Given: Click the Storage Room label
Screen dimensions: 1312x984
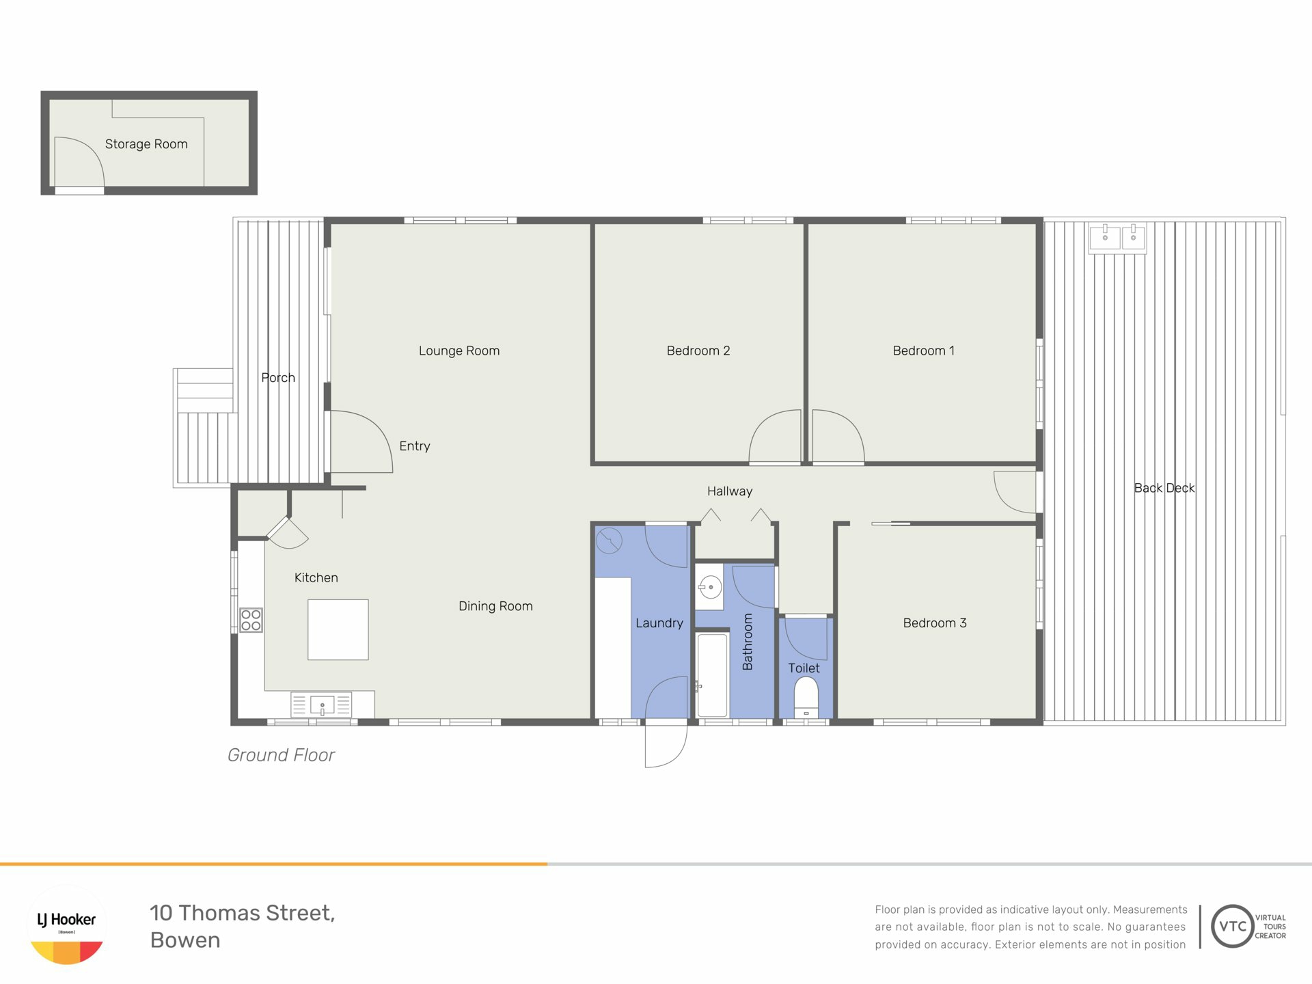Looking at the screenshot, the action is point(146,144).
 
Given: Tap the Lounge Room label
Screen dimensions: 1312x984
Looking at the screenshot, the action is point(459,351).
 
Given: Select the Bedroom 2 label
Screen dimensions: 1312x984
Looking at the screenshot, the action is point(698,351).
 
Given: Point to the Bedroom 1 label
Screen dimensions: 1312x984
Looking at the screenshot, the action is point(923,351).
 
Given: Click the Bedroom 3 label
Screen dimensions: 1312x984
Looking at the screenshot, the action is point(935,623).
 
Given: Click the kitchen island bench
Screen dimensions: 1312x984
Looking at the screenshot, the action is point(338,629).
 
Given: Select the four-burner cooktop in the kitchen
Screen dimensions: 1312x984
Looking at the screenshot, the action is point(251,620).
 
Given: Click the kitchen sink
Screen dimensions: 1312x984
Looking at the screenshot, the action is point(322,705).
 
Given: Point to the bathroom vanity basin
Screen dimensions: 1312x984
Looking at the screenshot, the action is point(710,587).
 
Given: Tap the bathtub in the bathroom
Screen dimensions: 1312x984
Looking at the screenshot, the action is point(712,675).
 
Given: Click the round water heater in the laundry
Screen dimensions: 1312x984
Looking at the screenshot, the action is point(609,541).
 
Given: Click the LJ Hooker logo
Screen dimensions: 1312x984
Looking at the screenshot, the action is point(67,925).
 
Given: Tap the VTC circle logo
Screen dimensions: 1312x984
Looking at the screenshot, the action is point(1233,926).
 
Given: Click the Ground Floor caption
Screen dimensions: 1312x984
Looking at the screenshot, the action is point(281,755).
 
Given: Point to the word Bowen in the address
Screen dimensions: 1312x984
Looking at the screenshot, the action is point(185,940).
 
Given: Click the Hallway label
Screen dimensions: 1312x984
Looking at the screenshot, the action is point(730,491).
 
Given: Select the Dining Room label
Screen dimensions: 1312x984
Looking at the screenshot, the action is point(495,606).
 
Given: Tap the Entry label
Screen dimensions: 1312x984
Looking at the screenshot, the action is point(415,446).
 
